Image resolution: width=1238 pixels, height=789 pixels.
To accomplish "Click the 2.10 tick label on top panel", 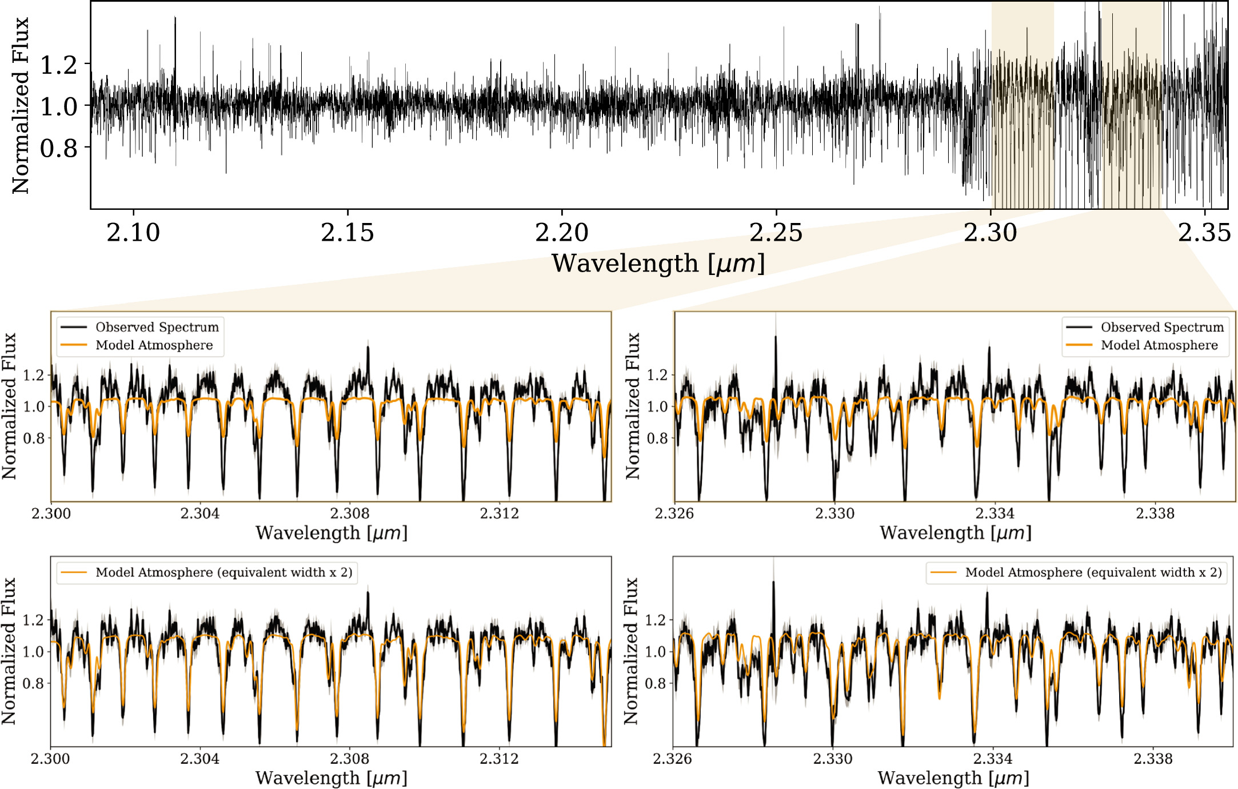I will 133,233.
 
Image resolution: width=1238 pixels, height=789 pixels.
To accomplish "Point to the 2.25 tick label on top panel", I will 776,233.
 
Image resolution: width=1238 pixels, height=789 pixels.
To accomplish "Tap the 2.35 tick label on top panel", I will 1204,233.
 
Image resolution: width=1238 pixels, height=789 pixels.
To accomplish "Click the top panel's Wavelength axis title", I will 658,264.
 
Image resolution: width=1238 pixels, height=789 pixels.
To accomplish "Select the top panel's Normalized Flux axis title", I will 20,106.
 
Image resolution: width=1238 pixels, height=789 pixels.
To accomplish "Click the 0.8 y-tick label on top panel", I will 58,149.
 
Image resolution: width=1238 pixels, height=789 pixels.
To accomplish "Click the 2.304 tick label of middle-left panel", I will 199,513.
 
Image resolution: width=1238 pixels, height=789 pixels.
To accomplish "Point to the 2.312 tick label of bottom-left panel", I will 499,759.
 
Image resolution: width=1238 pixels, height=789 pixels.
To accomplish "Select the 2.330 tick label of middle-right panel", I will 834,513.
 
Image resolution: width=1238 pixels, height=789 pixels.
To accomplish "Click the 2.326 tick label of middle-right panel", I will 674,513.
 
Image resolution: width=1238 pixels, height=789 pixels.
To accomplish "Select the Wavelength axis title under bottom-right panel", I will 953,778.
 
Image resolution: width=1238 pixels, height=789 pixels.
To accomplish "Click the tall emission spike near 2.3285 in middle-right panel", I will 776,343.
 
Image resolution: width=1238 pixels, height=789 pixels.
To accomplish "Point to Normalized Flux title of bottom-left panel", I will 9,651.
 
